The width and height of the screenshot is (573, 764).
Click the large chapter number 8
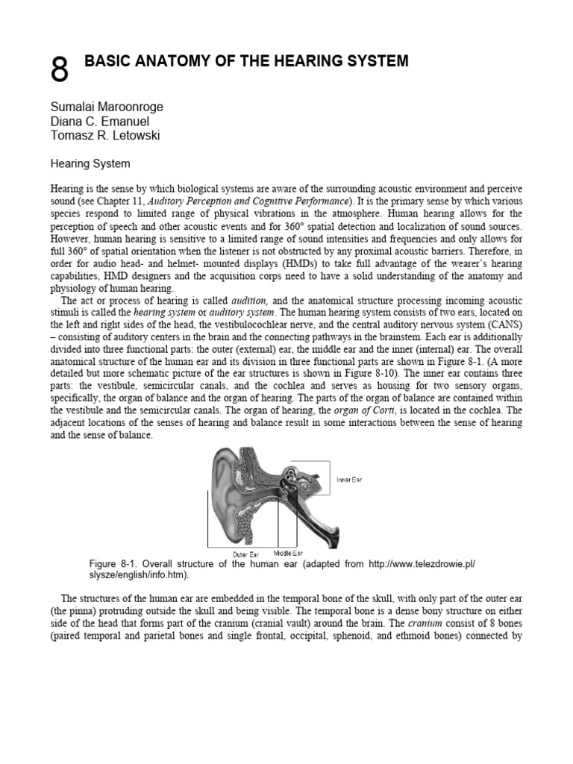click(60, 72)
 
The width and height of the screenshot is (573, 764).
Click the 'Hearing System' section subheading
click(90, 162)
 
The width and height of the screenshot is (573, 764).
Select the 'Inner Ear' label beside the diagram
click(348, 479)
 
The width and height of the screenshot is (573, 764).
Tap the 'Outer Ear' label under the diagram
click(245, 554)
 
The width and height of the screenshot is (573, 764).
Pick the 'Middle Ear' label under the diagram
click(287, 553)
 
